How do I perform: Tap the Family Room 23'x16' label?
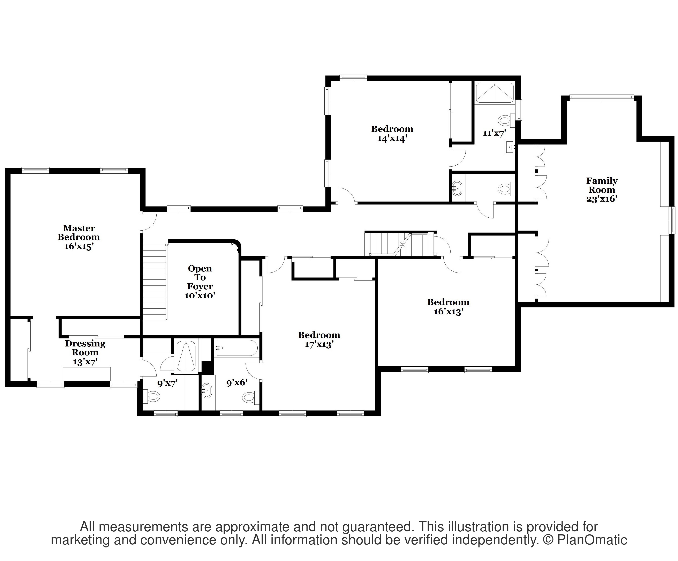pos(602,190)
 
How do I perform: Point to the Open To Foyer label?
pos(200,282)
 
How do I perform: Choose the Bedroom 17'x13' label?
pos(319,340)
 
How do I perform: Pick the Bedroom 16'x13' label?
pos(448,307)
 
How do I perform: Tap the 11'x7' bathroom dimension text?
pos(494,133)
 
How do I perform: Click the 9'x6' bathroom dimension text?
pos(237,383)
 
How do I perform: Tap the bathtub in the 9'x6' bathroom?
pos(237,348)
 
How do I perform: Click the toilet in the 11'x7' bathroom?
pos(505,121)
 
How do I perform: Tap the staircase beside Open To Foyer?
pos(155,279)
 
